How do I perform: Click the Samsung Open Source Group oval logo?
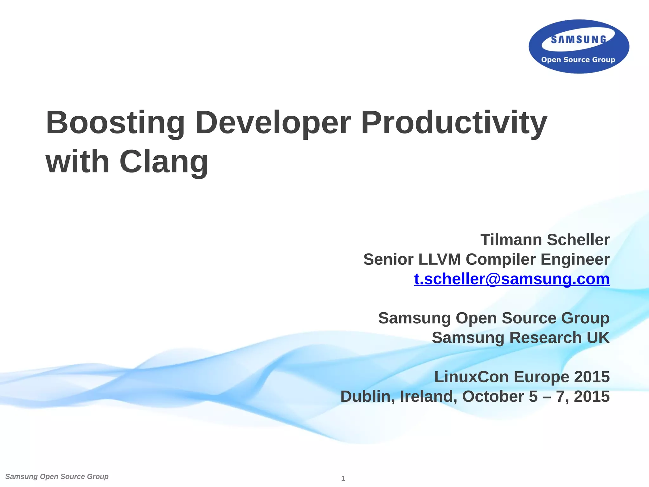(x=579, y=47)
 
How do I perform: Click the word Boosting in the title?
(x=115, y=123)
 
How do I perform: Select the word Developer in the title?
(x=273, y=123)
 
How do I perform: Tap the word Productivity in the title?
(x=454, y=123)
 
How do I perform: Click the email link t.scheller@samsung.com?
(x=511, y=279)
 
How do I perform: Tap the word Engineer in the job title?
(x=575, y=259)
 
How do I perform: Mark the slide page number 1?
(x=343, y=479)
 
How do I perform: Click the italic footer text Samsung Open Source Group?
(x=57, y=477)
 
